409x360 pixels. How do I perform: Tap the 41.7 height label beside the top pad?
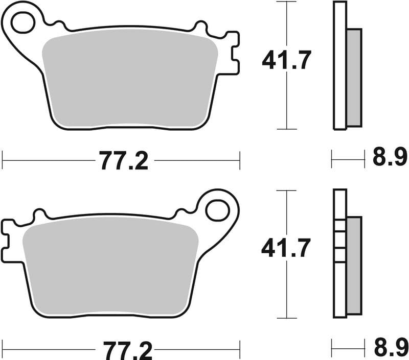click(x=286, y=61)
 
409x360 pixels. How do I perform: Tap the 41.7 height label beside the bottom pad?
click(x=286, y=249)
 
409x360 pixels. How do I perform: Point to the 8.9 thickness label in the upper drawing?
click(x=390, y=158)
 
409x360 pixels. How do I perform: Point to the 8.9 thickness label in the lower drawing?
click(x=390, y=347)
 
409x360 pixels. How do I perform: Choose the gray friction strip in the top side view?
click(x=354, y=77)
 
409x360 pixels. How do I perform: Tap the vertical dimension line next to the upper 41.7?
click(x=286, y=102)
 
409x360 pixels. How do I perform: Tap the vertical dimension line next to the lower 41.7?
click(x=286, y=291)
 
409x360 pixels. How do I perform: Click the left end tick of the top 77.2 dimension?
click(x=3, y=160)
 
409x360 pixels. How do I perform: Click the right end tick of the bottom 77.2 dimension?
click(x=239, y=350)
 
